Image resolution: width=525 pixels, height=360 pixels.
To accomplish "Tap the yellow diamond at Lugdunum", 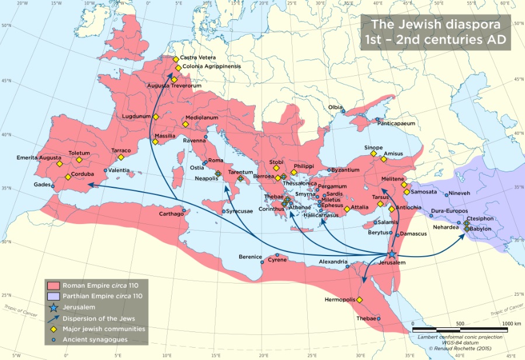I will (x=156, y=117).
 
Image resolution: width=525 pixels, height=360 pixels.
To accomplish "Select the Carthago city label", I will (x=171, y=214).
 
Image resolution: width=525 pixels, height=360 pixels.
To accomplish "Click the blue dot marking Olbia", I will (x=343, y=111).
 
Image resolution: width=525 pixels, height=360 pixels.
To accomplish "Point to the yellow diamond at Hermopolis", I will (x=360, y=300).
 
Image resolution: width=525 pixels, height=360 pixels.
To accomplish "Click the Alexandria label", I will (x=333, y=262).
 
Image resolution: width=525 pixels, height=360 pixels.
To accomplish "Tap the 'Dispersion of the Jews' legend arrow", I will (x=53, y=318).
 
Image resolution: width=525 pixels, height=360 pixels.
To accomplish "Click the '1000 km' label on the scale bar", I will (x=511, y=323).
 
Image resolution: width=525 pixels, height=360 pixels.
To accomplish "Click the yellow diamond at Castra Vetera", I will (x=175, y=59).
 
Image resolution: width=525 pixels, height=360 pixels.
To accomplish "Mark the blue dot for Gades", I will (x=53, y=186).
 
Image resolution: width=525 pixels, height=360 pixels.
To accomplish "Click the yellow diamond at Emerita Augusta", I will (x=60, y=164).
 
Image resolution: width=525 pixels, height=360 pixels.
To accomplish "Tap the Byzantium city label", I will (x=345, y=170).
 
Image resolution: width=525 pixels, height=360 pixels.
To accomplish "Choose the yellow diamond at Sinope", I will (x=374, y=153).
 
